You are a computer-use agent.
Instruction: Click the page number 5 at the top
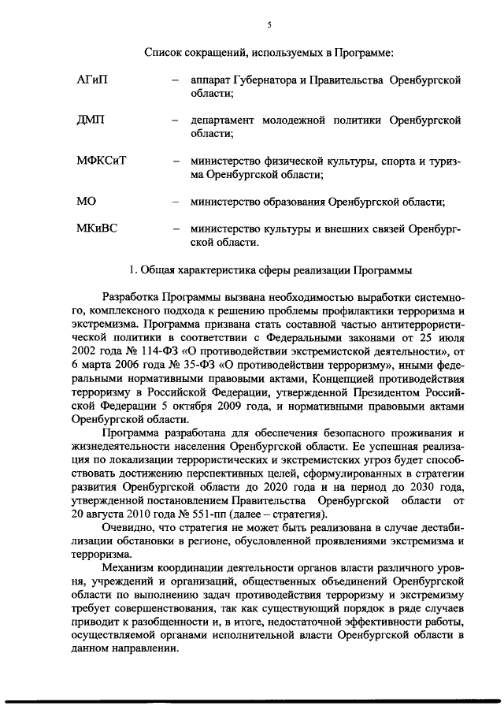tap(269, 25)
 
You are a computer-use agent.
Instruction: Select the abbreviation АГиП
tap(91, 80)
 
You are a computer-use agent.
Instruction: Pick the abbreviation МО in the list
tap(86, 202)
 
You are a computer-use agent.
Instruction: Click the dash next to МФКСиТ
tap(175, 162)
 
